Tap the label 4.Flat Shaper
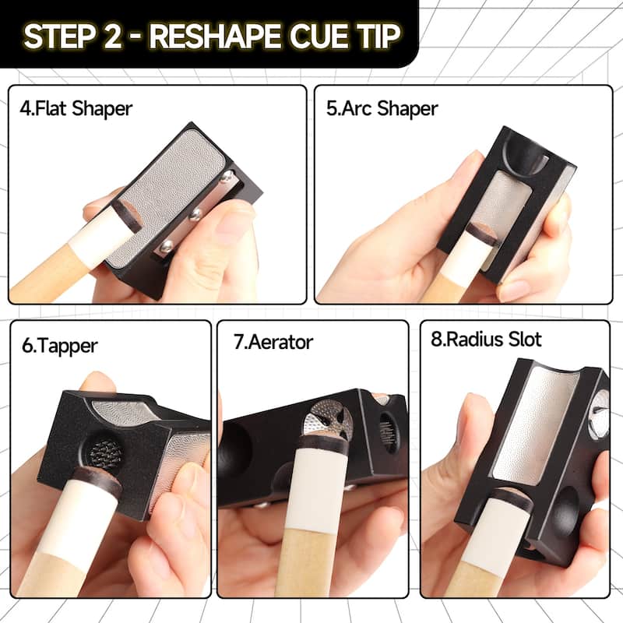(x=76, y=107)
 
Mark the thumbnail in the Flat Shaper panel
(x=232, y=226)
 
